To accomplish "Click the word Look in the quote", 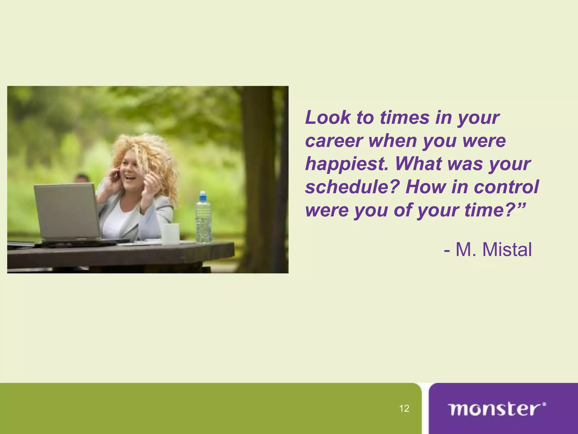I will (327, 118).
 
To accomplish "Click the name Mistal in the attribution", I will (507, 250).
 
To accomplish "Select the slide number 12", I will (404, 409).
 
